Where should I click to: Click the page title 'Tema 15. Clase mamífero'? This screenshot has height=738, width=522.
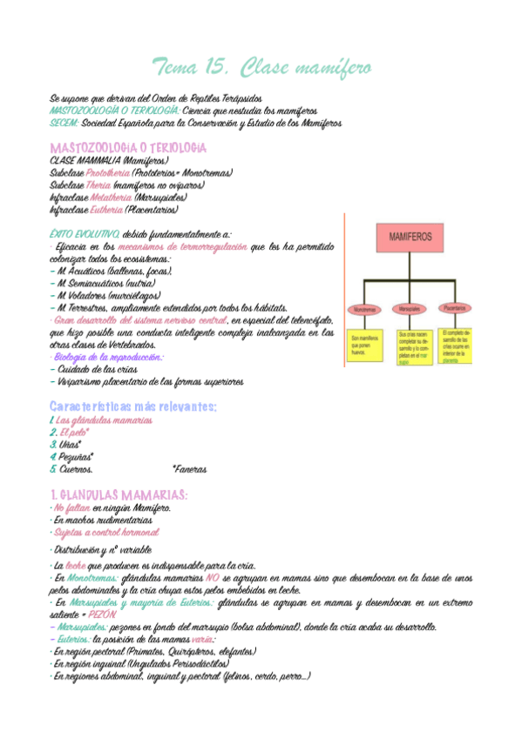pyautogui.click(x=261, y=67)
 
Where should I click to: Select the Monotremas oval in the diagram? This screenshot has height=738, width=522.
pyautogui.click(x=364, y=309)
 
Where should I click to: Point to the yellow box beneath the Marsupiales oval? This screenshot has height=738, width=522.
pyautogui.click(x=412, y=346)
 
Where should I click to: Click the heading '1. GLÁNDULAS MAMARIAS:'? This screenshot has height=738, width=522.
pyautogui.click(x=119, y=494)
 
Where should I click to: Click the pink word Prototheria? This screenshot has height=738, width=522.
pyautogui.click(x=110, y=173)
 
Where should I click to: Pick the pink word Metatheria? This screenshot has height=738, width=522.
pyautogui.click(x=110, y=198)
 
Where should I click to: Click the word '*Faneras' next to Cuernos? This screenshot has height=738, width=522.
pyautogui.click(x=189, y=469)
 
